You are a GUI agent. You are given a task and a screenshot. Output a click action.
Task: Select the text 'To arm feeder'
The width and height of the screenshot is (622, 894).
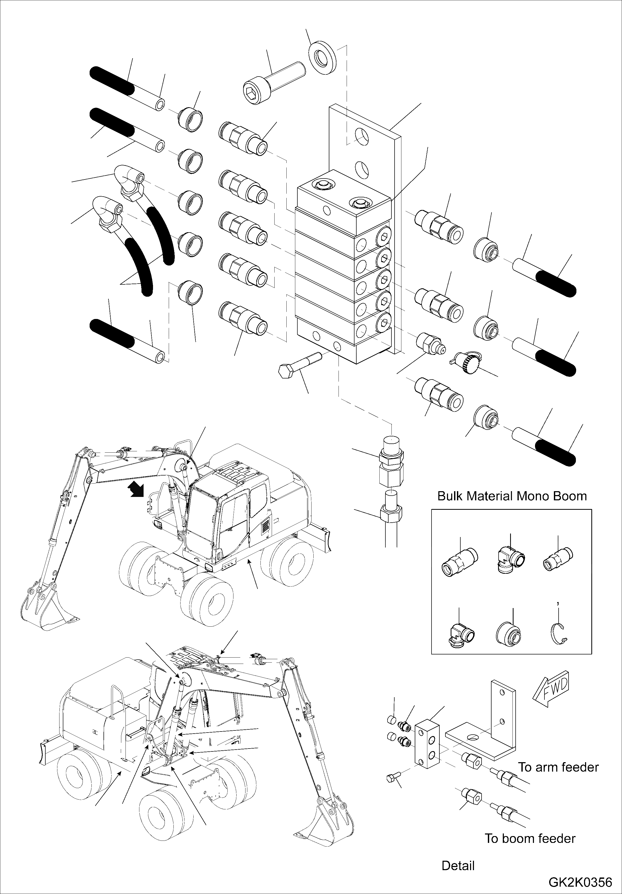(x=558, y=767)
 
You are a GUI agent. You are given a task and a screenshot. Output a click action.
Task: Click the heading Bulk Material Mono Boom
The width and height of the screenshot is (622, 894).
(x=512, y=496)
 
